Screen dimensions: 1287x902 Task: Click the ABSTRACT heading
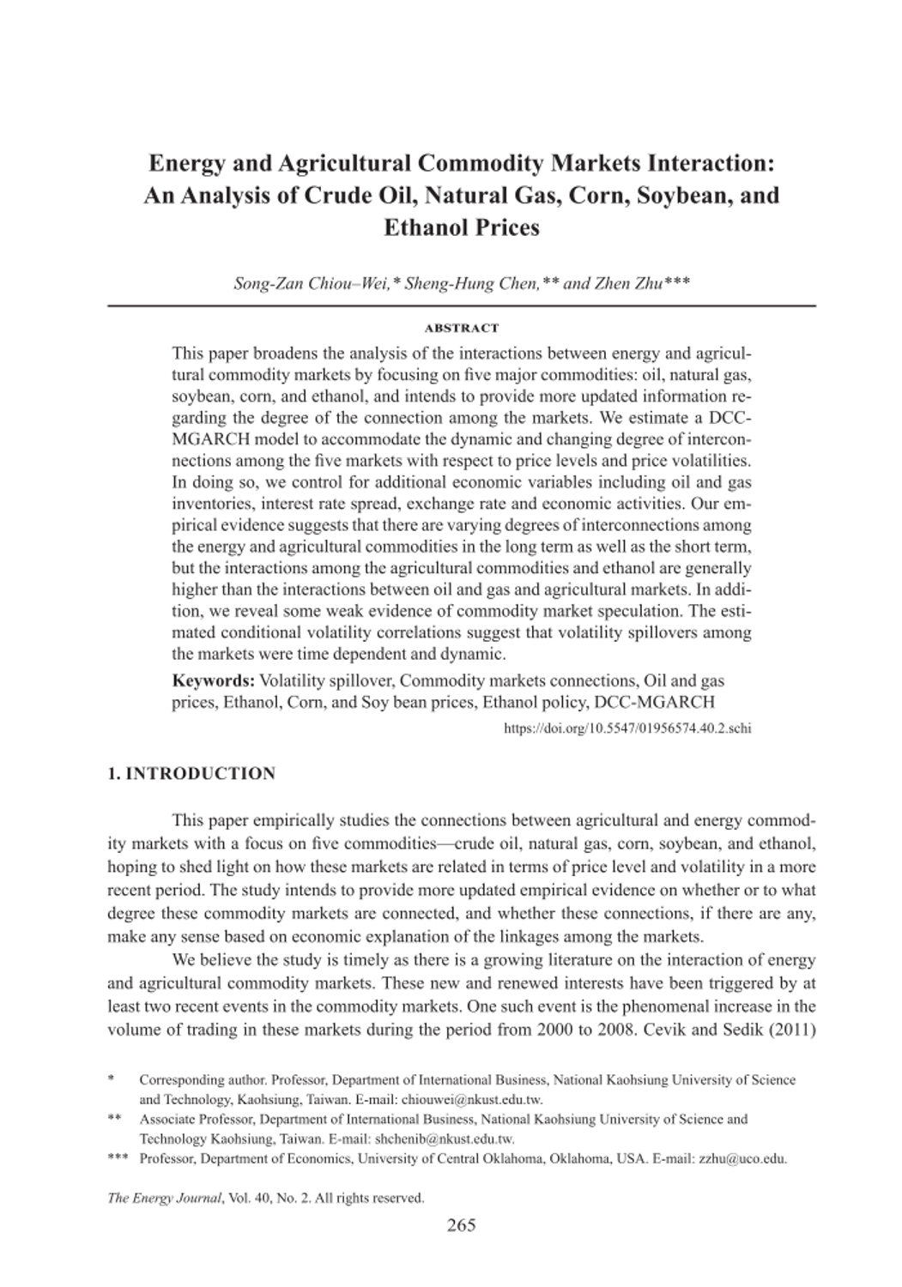coord(462,328)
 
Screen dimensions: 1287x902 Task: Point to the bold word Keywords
coord(212,681)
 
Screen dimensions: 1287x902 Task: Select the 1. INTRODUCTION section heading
coord(191,774)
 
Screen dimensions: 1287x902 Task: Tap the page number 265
coord(462,1224)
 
